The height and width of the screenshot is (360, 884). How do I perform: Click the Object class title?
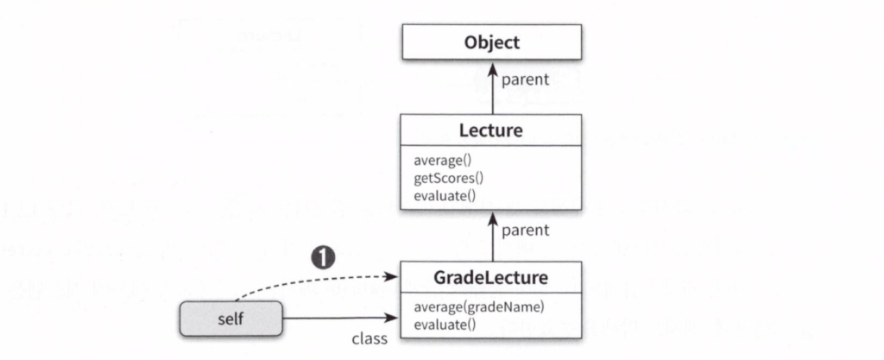(491, 42)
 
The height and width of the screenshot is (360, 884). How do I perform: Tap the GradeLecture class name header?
(491, 278)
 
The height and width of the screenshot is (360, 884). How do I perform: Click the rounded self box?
(231, 319)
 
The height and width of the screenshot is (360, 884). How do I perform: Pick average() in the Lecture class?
(439, 160)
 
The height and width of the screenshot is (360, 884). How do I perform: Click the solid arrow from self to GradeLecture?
(341, 319)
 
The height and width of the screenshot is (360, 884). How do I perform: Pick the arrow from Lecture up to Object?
(492, 90)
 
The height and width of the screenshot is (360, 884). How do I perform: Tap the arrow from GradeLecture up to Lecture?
(492, 237)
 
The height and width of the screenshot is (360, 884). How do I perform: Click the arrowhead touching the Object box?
(492, 66)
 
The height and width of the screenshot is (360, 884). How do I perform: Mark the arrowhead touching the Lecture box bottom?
(492, 216)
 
